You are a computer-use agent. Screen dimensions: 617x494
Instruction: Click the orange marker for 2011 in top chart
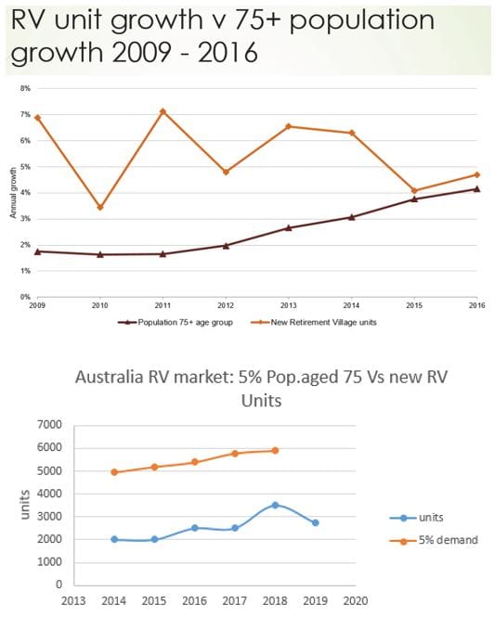coord(162,111)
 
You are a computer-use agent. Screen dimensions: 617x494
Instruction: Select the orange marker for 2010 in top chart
coord(99,207)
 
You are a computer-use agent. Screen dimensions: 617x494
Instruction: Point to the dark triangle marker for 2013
coord(289,227)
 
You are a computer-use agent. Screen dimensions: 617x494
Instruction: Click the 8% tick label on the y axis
coord(25,88)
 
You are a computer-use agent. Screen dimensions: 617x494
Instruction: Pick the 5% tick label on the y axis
coord(25,167)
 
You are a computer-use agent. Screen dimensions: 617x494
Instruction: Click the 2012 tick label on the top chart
coord(226,304)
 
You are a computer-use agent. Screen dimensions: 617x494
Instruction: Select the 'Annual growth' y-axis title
coord(14,192)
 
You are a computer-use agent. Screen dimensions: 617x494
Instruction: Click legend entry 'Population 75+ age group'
coord(180,322)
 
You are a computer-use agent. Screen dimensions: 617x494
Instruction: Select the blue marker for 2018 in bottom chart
coord(274,505)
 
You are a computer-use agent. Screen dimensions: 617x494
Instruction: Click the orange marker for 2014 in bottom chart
coord(114,472)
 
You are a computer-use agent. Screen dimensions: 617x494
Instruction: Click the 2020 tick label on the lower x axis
coord(353,599)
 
